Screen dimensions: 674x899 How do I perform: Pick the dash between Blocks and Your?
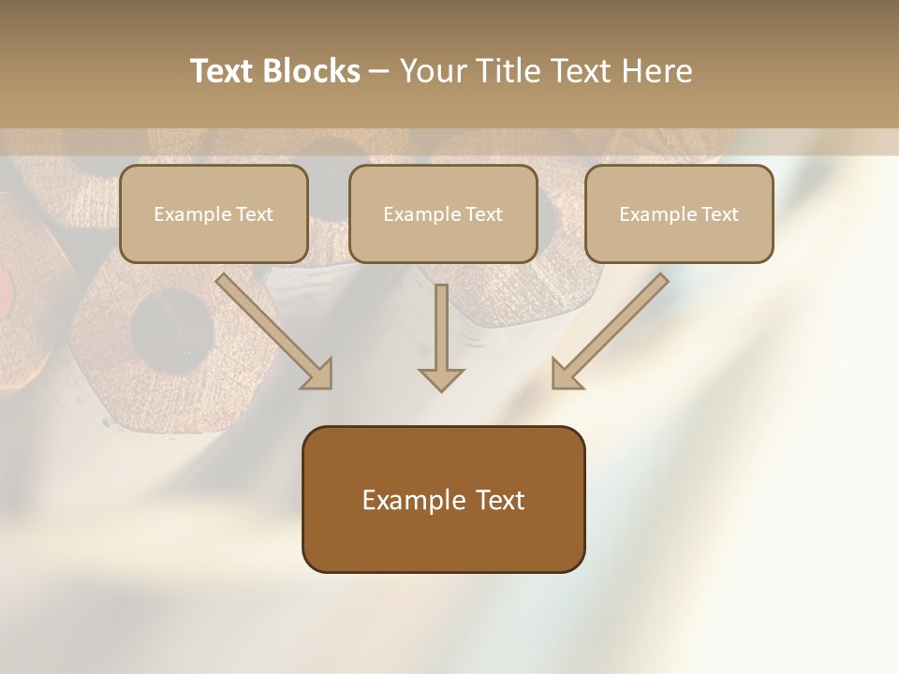click(x=379, y=72)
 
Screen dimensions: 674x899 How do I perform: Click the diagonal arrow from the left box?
click(x=273, y=330)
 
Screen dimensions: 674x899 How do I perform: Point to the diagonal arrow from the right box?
click(x=612, y=330)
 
